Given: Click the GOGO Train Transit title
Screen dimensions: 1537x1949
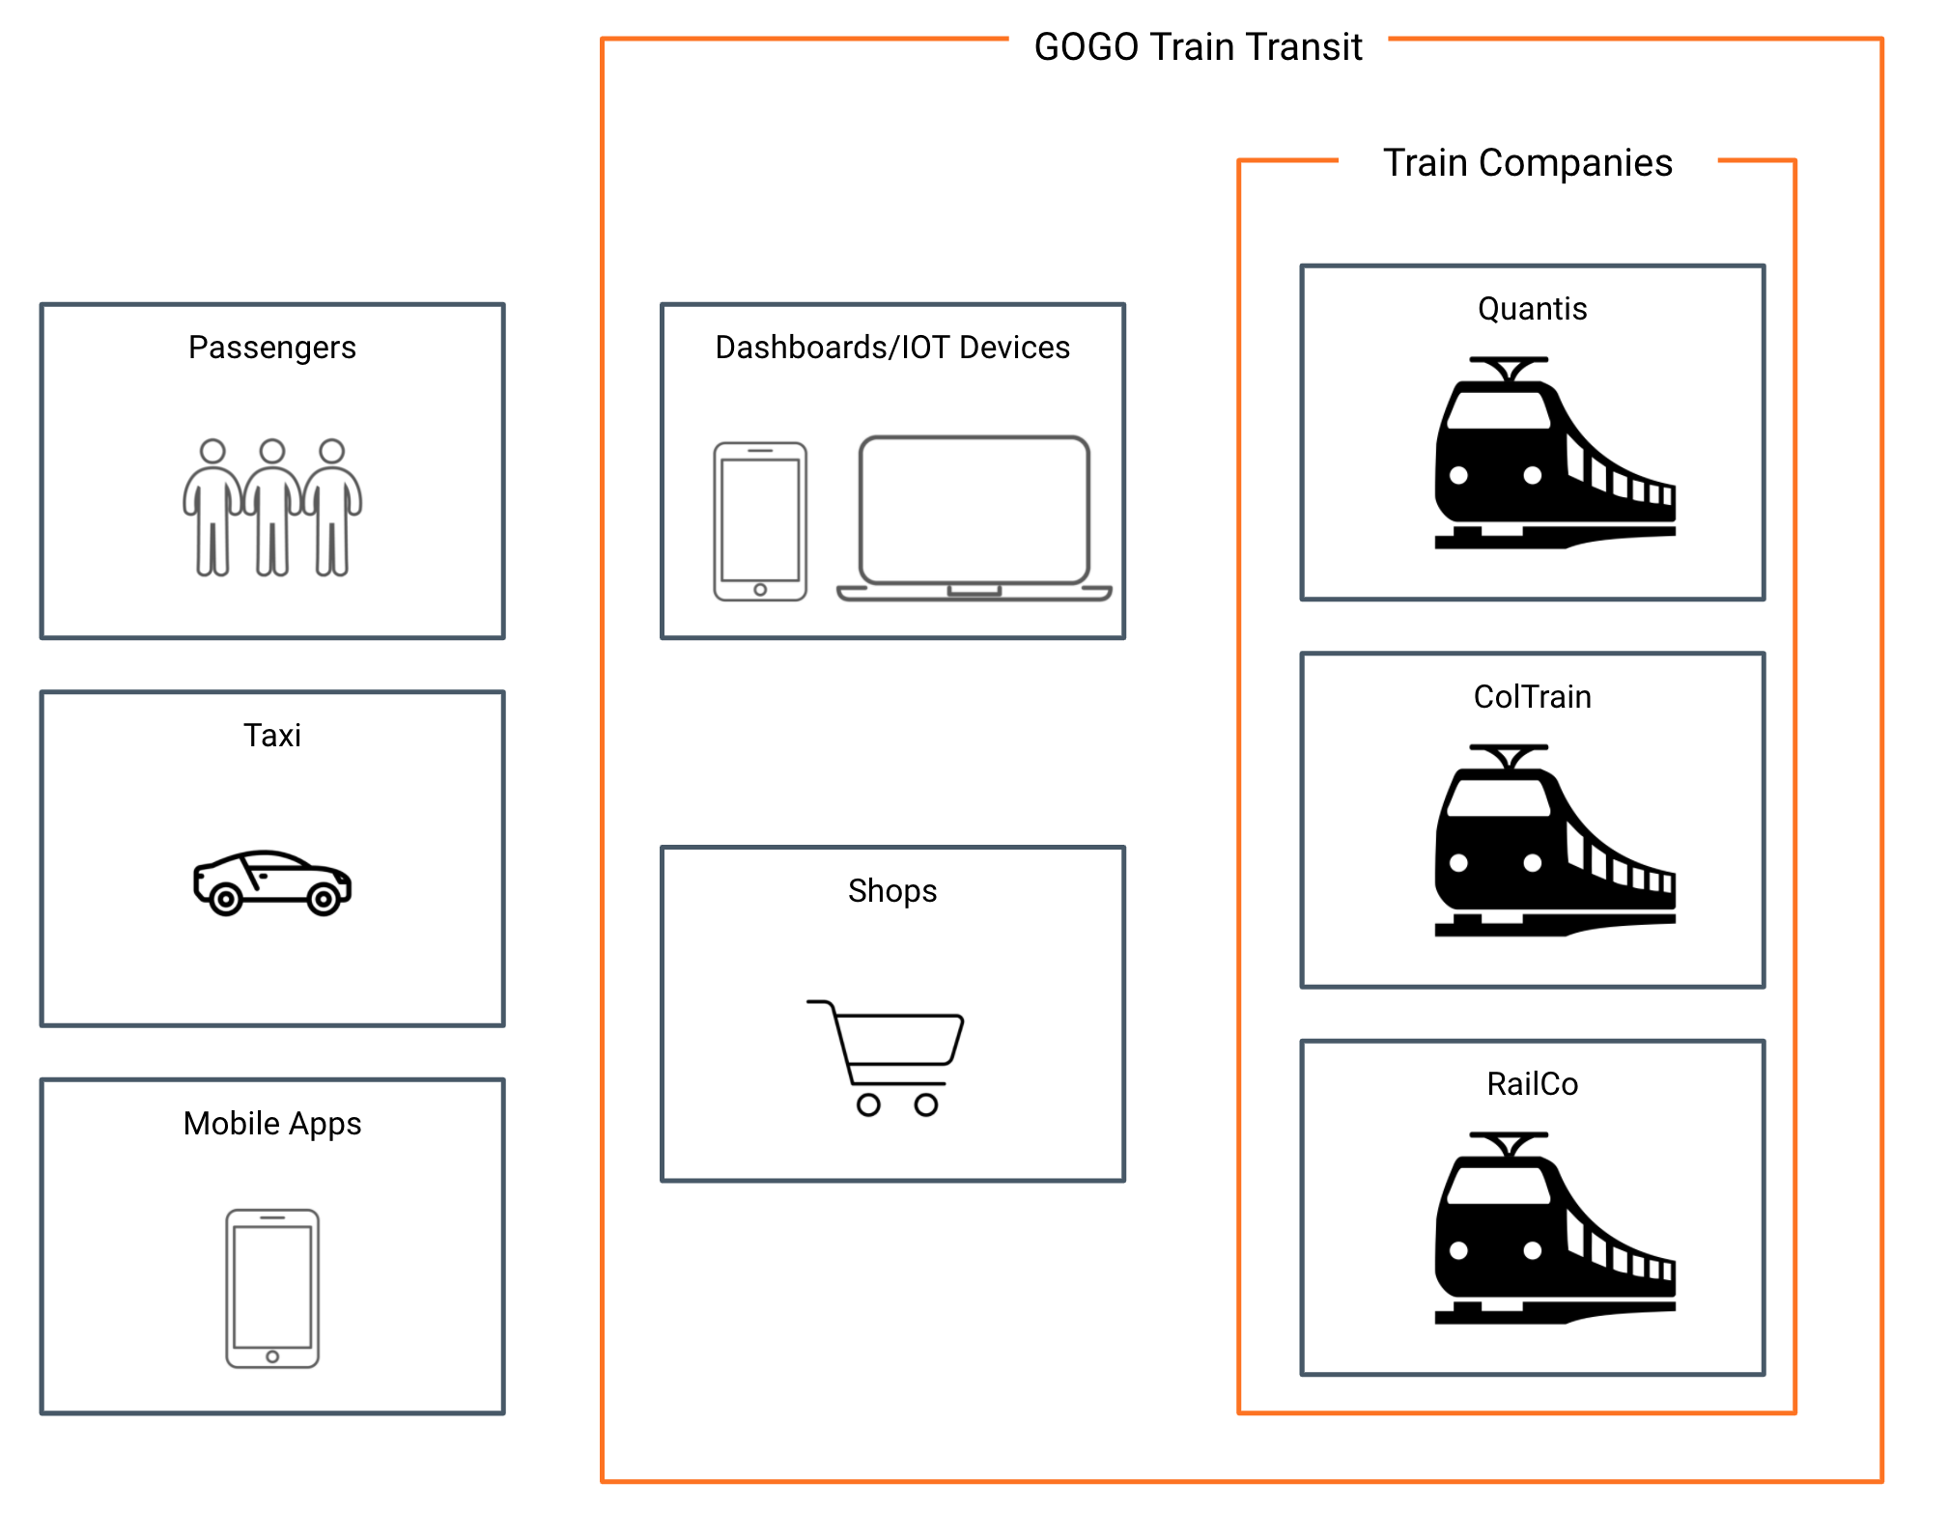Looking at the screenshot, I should (x=1198, y=47).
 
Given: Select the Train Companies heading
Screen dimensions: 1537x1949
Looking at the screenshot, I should (x=1527, y=163).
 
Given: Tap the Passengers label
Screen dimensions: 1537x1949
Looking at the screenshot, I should (x=272, y=348).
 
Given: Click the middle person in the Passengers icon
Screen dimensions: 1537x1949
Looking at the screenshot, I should (x=272, y=506).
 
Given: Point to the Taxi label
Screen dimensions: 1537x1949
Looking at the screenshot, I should (x=272, y=736).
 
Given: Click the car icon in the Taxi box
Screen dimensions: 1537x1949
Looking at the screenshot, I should (x=272, y=881).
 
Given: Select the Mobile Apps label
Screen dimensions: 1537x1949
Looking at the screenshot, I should (x=272, y=1124).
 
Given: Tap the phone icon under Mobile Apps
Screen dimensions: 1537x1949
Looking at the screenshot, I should (x=272, y=1288).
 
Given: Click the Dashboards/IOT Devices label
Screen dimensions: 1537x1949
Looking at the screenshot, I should (x=892, y=348).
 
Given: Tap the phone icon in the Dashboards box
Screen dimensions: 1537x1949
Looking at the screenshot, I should (x=760, y=521).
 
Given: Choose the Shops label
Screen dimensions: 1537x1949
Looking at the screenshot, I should (x=892, y=890).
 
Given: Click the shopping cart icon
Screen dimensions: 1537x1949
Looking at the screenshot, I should (x=887, y=1058).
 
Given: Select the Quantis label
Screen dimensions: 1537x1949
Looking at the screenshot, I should (x=1532, y=309).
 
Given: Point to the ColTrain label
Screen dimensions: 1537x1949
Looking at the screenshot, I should (x=1532, y=697).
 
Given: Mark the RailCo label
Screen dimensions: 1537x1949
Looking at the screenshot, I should (x=1532, y=1084).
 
